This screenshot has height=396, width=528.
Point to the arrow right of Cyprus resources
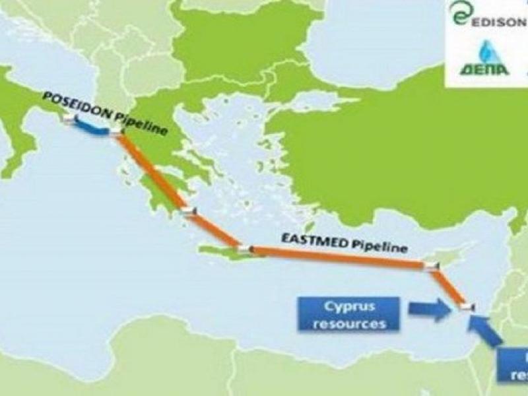coord(430,310)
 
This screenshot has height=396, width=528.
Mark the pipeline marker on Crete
coord(245,249)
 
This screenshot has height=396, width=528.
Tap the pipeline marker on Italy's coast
coord(69,119)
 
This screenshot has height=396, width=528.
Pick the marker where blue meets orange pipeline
coord(117,134)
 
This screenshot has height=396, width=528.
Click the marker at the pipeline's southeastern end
coord(467,306)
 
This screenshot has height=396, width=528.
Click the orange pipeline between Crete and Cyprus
coord(337,257)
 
